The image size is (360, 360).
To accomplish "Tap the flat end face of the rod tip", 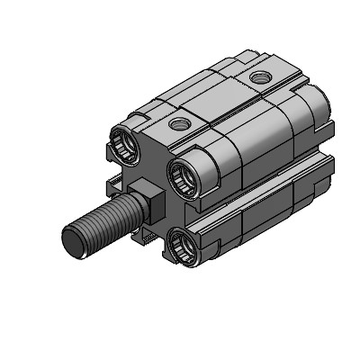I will pyautogui.click(x=73, y=241).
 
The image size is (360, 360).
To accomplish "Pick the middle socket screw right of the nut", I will pyautogui.click(x=183, y=168).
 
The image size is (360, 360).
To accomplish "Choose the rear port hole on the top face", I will pyautogui.click(x=261, y=78).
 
